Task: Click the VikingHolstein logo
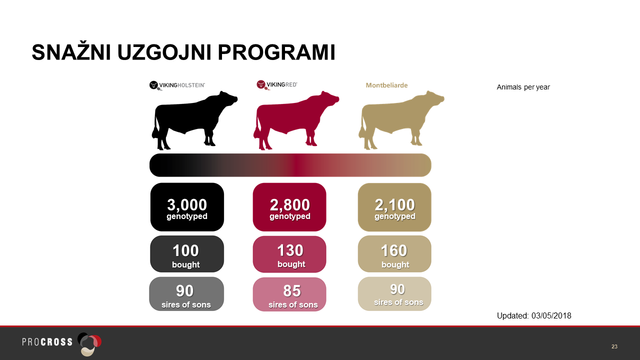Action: click(x=177, y=85)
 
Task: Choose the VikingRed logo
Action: click(x=277, y=85)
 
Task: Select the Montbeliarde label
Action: click(x=386, y=85)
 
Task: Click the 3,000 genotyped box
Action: click(x=187, y=207)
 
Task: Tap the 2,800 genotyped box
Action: click(x=289, y=207)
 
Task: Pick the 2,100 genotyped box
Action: click(x=394, y=207)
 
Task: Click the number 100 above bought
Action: click(x=185, y=250)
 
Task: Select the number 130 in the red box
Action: click(x=290, y=250)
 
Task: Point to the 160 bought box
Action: click(x=394, y=254)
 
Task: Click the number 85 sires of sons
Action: click(x=292, y=291)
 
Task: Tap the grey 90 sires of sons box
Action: click(x=186, y=294)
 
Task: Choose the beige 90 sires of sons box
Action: click(x=394, y=293)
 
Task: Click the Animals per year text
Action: click(x=523, y=87)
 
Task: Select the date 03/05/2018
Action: click(x=551, y=315)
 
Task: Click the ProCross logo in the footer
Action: click(x=61, y=343)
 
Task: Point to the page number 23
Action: click(x=614, y=346)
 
